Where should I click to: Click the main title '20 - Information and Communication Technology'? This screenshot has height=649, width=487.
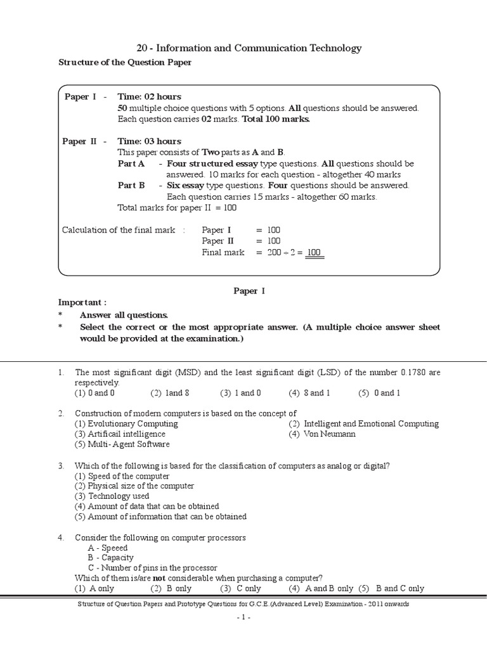(249, 48)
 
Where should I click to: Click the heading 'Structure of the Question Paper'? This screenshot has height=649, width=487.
(125, 62)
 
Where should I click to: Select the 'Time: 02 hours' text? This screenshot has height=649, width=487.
(149, 96)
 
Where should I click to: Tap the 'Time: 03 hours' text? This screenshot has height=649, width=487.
(149, 141)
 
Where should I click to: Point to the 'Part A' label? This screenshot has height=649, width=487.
(131, 164)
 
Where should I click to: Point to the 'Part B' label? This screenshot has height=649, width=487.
(131, 186)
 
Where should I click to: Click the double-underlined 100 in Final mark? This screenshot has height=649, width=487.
(315, 253)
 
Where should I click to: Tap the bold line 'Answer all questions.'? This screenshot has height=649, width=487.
(124, 315)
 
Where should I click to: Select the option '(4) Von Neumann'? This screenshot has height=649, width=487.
(322, 434)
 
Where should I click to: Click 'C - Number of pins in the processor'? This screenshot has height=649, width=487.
(152, 568)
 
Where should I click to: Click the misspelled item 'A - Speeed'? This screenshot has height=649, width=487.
(108, 548)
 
